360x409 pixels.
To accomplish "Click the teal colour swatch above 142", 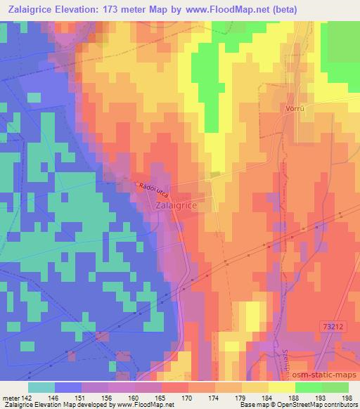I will point(41,387).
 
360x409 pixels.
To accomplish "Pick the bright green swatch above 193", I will point(308,387).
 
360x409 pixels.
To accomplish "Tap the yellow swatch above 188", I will point(281,387).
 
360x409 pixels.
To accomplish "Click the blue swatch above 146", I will point(68,387).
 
